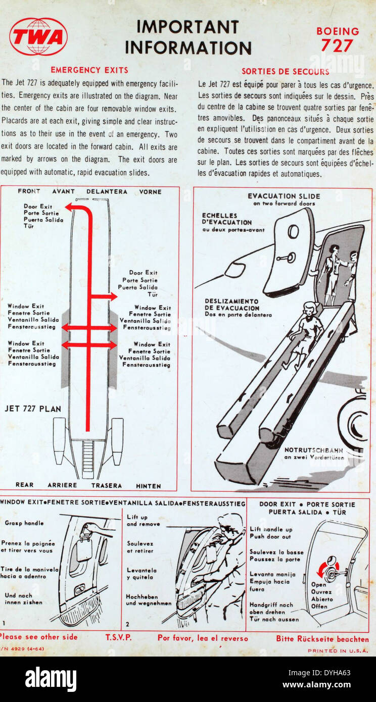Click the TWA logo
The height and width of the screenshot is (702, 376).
(x=38, y=37)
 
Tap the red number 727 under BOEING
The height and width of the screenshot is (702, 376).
(x=337, y=46)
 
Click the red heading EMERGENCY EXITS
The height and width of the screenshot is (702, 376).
(x=89, y=70)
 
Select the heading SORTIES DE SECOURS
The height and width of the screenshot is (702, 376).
(x=286, y=71)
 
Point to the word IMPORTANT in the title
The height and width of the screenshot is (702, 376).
(x=187, y=27)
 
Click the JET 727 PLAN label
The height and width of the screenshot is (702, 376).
(x=33, y=409)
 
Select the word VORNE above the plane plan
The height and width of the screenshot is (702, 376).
(x=150, y=192)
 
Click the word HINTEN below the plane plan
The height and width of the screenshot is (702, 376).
(x=149, y=486)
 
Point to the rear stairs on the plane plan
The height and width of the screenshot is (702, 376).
(x=88, y=460)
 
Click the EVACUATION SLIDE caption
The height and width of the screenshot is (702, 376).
(x=284, y=196)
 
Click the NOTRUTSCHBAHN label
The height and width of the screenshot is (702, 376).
(x=314, y=450)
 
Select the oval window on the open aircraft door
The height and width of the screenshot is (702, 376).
(x=293, y=231)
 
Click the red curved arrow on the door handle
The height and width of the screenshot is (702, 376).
(x=327, y=568)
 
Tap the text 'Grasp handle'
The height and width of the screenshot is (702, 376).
(x=24, y=523)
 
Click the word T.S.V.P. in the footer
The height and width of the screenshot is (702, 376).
(x=118, y=637)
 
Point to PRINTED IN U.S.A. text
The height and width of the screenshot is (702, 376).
(x=338, y=650)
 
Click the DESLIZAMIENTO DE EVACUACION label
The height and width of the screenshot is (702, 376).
(x=232, y=305)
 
